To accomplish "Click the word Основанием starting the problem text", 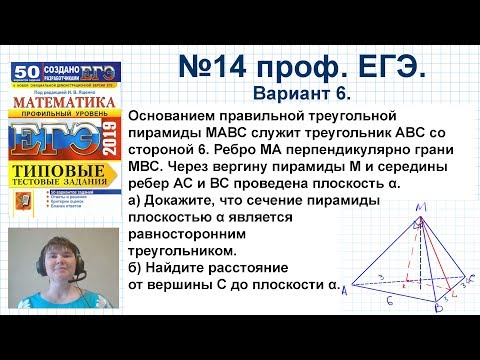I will [x=184, y=121].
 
